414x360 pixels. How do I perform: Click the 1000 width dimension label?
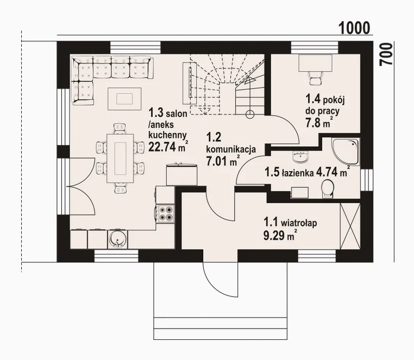click(x=354, y=28)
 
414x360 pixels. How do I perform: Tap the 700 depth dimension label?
click(x=386, y=55)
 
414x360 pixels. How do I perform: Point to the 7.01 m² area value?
click(x=223, y=161)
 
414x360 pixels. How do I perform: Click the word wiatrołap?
click(x=299, y=223)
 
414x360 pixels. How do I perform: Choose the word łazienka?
click(x=298, y=173)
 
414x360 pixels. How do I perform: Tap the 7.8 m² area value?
click(x=319, y=123)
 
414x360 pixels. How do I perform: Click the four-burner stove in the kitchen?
click(x=165, y=213)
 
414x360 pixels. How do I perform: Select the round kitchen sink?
click(x=117, y=239)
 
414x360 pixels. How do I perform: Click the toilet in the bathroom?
click(x=328, y=189)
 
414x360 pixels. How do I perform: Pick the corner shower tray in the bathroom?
click(x=346, y=152)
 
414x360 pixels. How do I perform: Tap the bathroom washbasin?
click(x=300, y=157)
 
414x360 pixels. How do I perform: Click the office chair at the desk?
click(x=315, y=78)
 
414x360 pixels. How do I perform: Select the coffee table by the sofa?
click(x=124, y=99)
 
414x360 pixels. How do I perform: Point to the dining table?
click(x=120, y=159)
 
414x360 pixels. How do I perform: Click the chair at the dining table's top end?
click(x=120, y=129)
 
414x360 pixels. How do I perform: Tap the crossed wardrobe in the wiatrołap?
click(x=350, y=226)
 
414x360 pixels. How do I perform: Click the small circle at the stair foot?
click(x=250, y=114)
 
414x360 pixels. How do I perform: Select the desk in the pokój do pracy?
click(x=315, y=63)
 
